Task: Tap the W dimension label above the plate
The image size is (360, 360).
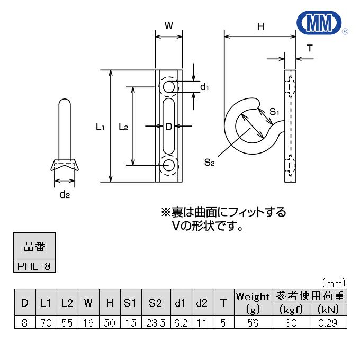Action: [169, 25]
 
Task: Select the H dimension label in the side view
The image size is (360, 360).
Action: [260, 25]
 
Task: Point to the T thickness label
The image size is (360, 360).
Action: [310, 48]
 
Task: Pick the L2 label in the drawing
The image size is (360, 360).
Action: [123, 127]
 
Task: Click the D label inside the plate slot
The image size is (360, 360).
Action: [169, 126]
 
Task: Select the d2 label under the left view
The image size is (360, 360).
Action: [65, 195]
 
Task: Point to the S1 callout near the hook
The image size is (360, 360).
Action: [274, 112]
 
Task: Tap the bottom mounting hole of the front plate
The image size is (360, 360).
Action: [169, 164]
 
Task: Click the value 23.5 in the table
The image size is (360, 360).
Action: [155, 322]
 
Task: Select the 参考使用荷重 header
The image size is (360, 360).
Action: [309, 296]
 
